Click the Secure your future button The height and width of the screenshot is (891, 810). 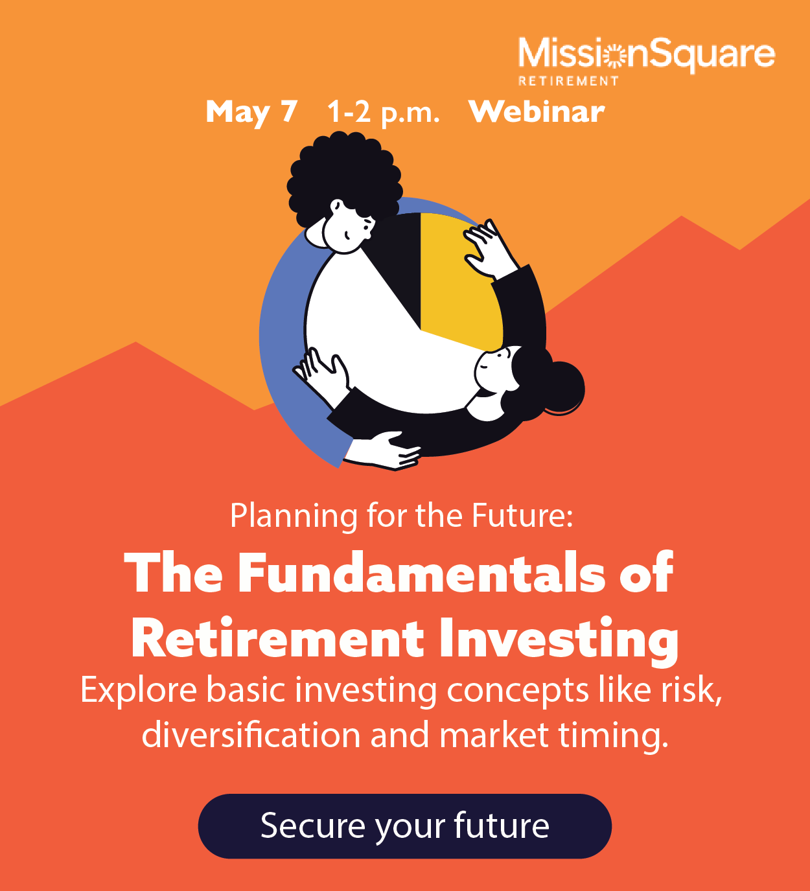click(404, 826)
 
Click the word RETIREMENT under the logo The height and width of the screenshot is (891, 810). click(568, 81)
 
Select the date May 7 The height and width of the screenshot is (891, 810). click(251, 112)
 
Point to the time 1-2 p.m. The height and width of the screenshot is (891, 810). click(383, 112)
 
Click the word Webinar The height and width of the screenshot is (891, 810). click(537, 111)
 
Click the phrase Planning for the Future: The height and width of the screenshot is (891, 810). click(402, 516)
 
